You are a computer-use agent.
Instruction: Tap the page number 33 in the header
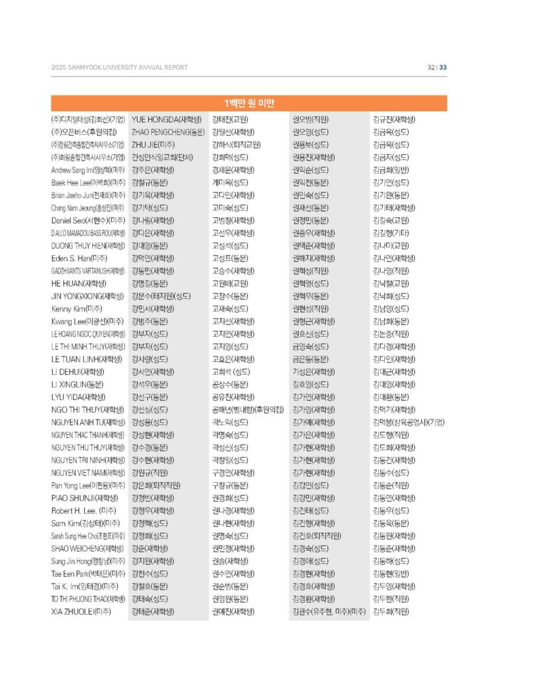(x=443, y=67)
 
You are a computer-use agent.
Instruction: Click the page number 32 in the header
(x=430, y=67)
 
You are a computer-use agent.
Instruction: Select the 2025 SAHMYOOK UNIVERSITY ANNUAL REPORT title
(x=119, y=67)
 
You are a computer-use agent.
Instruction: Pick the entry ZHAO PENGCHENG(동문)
(x=167, y=131)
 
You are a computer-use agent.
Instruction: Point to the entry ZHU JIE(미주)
(x=154, y=144)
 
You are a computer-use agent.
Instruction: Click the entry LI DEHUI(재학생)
(x=78, y=371)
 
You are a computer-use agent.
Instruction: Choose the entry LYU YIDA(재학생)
(x=78, y=396)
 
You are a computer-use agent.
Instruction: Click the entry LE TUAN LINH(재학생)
(x=86, y=359)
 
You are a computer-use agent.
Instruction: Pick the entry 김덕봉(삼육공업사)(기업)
(x=409, y=422)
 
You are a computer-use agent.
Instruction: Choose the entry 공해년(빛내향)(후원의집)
(x=247, y=409)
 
